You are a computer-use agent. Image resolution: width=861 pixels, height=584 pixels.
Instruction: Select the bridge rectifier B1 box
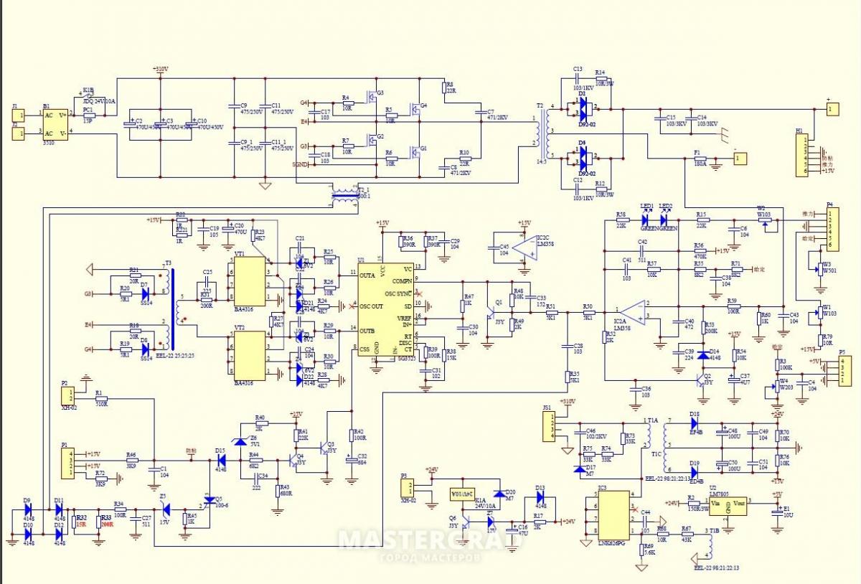[x=55, y=123]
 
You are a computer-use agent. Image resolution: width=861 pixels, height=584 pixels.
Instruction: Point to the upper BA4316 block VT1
[x=249, y=280]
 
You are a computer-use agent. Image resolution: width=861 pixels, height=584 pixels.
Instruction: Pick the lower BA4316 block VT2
[x=249, y=356]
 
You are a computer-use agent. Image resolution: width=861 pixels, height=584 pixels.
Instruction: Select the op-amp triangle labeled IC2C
[x=522, y=248]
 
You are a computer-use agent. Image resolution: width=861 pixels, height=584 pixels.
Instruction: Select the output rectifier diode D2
[x=581, y=108]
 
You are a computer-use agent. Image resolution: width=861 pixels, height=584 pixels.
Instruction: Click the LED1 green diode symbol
[x=646, y=220]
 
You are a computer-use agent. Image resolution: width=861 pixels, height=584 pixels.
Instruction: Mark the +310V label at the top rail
[x=160, y=70]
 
